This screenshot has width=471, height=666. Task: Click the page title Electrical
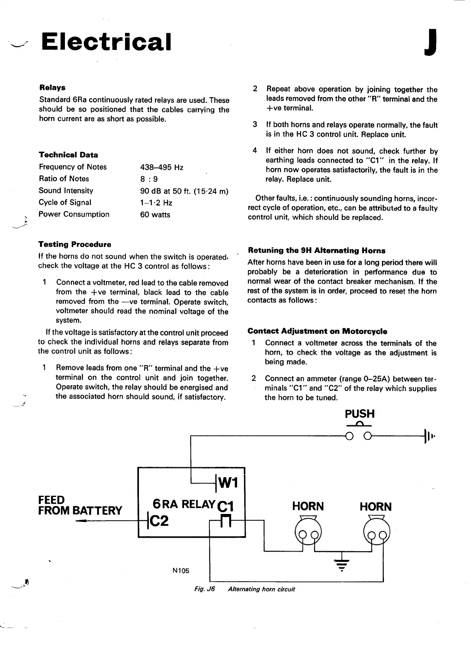(106, 42)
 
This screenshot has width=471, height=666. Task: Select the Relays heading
(52, 88)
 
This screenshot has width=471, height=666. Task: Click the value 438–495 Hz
(162, 167)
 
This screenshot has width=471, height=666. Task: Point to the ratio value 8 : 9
(149, 179)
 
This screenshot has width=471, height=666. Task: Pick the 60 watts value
(155, 215)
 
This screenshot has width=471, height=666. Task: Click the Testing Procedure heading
(75, 244)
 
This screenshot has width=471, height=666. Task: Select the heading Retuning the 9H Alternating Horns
(316, 251)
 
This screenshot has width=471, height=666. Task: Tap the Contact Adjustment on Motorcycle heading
(317, 331)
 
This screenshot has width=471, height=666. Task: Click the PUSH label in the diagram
(359, 414)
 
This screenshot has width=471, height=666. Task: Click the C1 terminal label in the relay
(226, 506)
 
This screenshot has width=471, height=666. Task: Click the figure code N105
(181, 571)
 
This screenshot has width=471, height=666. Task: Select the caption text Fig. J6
(204, 589)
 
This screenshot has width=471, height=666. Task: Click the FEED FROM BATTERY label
(80, 505)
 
